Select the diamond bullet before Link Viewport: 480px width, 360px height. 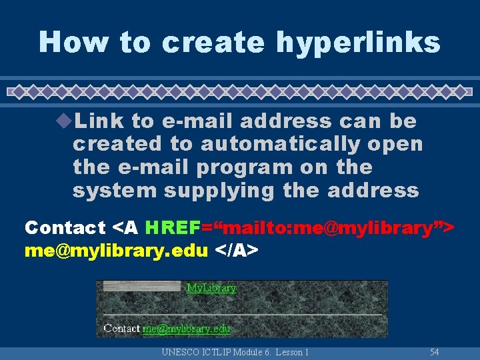click(65, 121)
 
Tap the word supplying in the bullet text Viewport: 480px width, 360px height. click(220, 191)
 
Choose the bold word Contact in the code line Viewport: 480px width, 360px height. click(65, 228)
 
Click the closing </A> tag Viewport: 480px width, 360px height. click(236, 251)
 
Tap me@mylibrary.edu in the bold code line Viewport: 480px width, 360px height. click(116, 251)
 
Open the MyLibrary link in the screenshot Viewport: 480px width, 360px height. click(211, 288)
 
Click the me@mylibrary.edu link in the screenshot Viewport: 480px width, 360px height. click(186, 328)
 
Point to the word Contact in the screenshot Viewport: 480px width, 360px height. click(122, 328)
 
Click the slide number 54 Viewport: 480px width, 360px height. click(435, 351)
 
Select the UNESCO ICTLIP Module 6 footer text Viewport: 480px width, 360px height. click(235, 351)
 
